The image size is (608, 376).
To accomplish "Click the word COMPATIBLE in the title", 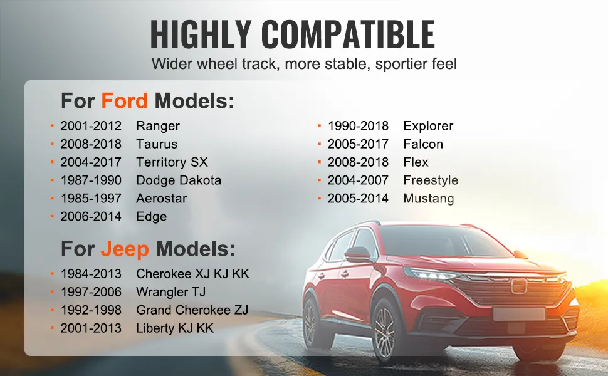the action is tap(348, 34).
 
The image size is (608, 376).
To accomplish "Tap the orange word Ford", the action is tap(124, 101).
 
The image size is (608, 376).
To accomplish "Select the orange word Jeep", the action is tap(125, 249).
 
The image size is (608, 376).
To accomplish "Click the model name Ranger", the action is tap(158, 127).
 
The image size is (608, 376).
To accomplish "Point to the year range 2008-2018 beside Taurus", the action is tap(91, 144).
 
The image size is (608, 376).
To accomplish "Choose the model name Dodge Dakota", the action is tap(179, 180).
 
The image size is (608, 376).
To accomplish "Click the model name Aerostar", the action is tap(161, 199).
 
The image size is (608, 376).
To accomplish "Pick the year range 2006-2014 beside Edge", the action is tap(91, 216).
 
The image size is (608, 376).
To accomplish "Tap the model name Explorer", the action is tap(428, 126).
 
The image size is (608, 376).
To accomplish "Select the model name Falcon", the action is tap(423, 144).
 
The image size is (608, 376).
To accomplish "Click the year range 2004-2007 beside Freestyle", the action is tap(358, 180).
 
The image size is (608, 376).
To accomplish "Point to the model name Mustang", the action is tap(429, 199).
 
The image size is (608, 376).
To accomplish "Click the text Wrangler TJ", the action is tap(170, 292).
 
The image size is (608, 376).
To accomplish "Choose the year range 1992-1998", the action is tap(91, 310).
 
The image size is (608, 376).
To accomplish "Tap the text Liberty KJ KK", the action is tap(174, 329).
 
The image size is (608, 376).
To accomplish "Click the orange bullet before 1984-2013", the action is tap(52, 274).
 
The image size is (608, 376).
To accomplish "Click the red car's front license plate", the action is tap(519, 313).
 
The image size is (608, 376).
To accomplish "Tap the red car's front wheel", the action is tap(385, 333).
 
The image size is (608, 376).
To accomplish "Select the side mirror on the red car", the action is tap(357, 254).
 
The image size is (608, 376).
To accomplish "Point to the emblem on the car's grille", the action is tap(518, 286).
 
